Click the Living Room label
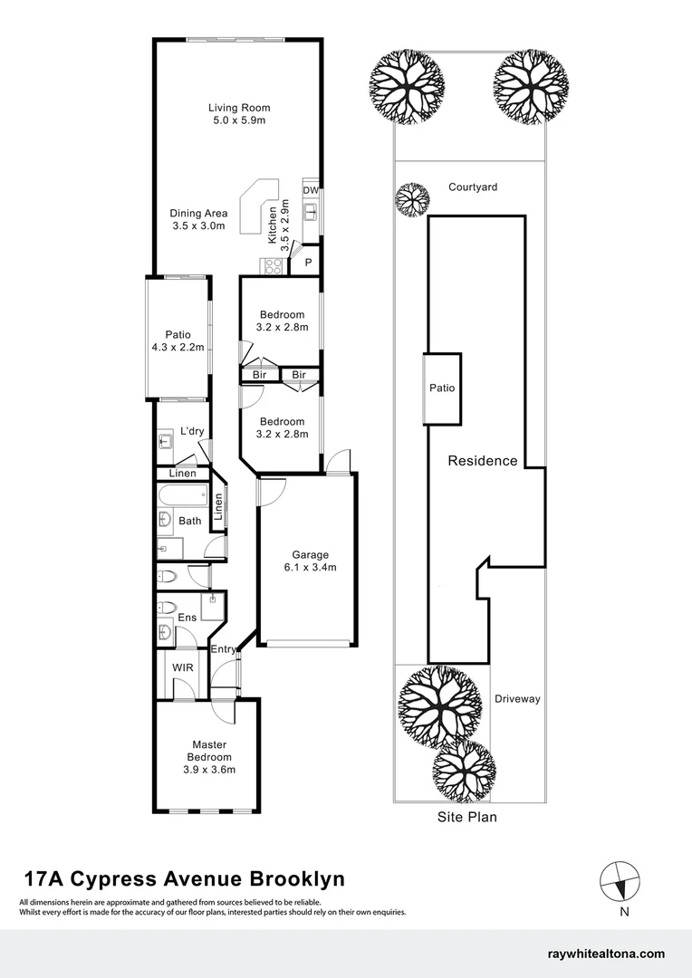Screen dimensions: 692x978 pyautogui.click(x=239, y=108)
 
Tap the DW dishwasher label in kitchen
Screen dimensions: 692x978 pyautogui.click(x=311, y=190)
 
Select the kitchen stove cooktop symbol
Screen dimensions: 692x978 pyautogui.click(x=273, y=265)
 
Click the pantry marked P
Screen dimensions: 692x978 pyautogui.click(x=308, y=264)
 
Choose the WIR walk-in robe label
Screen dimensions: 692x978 pyautogui.click(x=183, y=667)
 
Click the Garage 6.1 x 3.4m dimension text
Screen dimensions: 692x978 pyautogui.click(x=310, y=567)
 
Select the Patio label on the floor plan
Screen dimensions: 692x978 pyautogui.click(x=178, y=335)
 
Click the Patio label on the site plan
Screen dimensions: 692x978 pyautogui.click(x=442, y=388)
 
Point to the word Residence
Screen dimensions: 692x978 pyautogui.click(x=483, y=461)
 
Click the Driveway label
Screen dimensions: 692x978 pyautogui.click(x=517, y=699)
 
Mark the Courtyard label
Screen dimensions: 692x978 pyautogui.click(x=473, y=187)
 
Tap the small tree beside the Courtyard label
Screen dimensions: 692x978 pyautogui.click(x=412, y=199)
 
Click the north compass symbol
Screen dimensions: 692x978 pyautogui.click(x=620, y=881)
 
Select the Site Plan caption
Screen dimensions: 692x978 pyautogui.click(x=467, y=817)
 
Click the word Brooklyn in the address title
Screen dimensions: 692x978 pyautogui.click(x=298, y=878)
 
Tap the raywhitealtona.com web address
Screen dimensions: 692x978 pyautogui.click(x=606, y=954)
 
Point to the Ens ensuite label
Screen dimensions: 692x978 pyautogui.click(x=187, y=618)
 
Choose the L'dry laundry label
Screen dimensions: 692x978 pyautogui.click(x=192, y=431)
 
